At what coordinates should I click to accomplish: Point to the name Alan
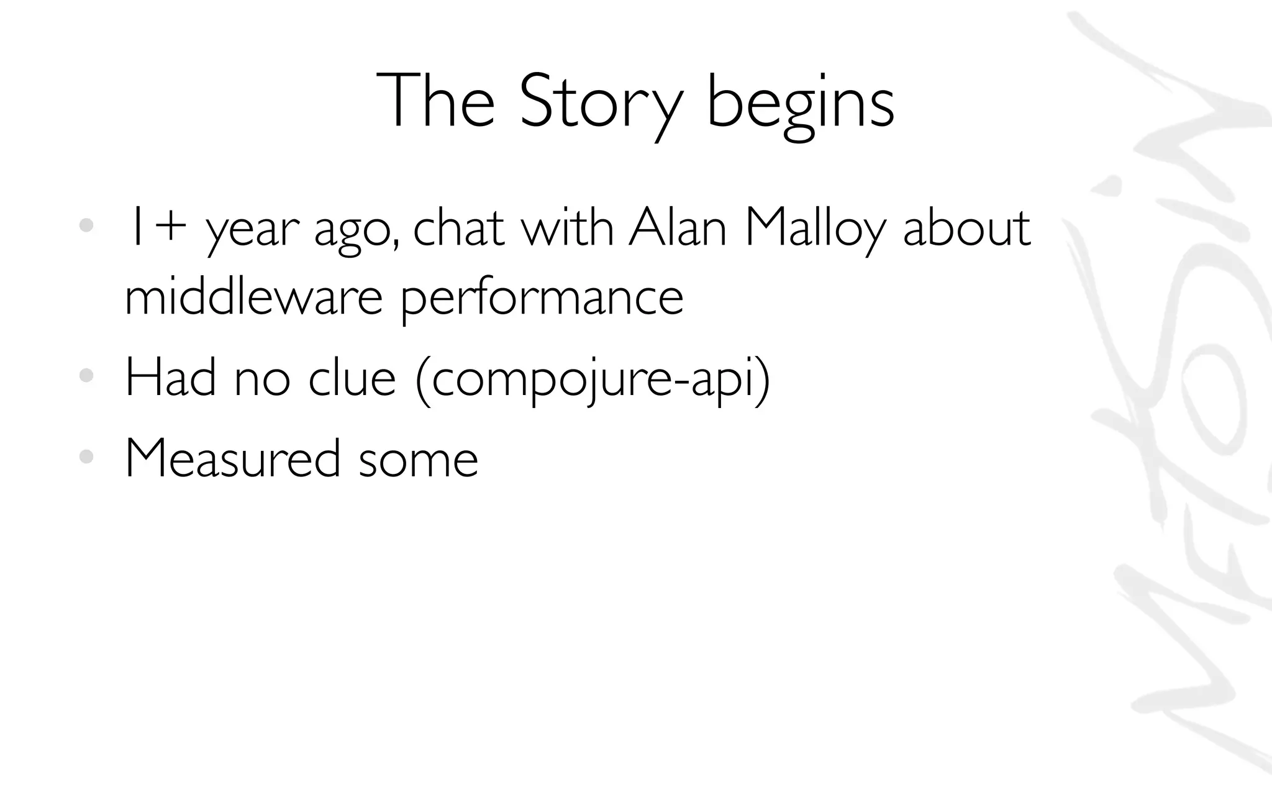677,227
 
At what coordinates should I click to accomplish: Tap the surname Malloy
814,229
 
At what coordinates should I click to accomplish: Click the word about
966,227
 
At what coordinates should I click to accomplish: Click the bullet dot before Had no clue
86,376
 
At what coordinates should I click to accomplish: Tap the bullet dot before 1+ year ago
86,226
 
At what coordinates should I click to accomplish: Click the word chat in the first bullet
458,227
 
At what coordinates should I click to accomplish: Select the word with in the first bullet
567,227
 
